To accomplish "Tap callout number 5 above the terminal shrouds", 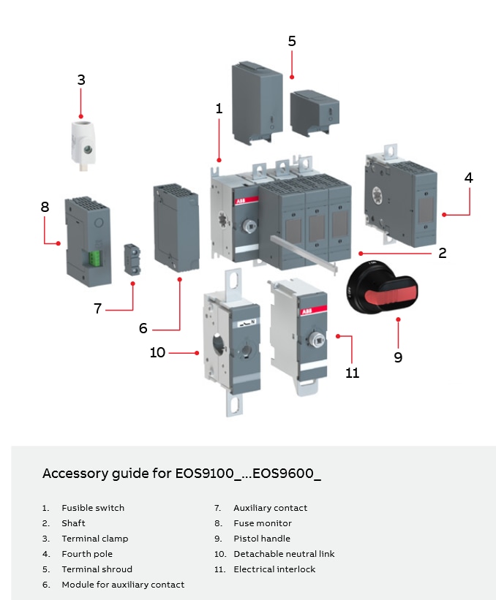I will [x=292, y=41].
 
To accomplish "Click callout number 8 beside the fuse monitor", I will [x=45, y=207].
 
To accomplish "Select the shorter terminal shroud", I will [x=314, y=113].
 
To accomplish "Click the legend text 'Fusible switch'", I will [x=93, y=508].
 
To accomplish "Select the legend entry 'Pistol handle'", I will [x=262, y=539].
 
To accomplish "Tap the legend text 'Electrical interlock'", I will [x=274, y=569].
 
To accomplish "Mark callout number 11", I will [x=352, y=373].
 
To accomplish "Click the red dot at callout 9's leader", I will [x=397, y=319].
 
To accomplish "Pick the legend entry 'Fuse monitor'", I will [x=263, y=523].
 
